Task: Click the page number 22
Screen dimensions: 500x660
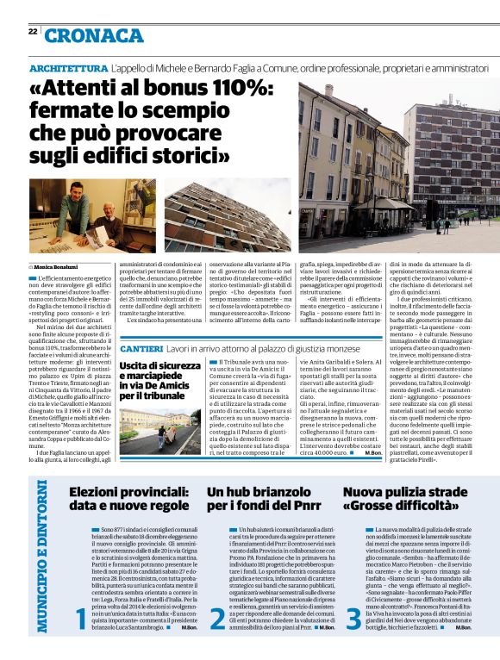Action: (x=33, y=32)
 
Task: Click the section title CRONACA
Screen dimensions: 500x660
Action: (x=95, y=35)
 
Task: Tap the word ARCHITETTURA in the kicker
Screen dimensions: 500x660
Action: (x=69, y=67)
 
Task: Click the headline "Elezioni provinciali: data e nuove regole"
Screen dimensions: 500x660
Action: (x=128, y=499)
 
